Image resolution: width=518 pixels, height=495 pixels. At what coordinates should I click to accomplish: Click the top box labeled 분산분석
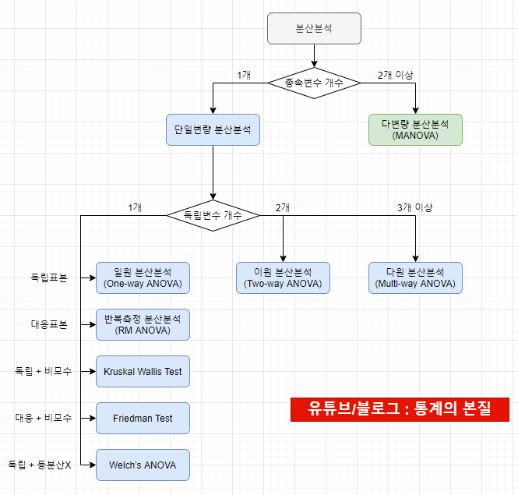click(314, 28)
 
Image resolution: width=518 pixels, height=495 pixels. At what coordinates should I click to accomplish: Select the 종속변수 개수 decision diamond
click(314, 82)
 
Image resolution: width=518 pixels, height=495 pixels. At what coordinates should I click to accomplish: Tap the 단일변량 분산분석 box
click(213, 129)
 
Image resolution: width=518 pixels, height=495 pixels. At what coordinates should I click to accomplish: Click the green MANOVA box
click(415, 129)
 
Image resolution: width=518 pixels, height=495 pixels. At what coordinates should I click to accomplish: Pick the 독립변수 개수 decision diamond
click(213, 214)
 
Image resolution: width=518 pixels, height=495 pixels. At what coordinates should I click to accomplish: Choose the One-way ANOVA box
click(143, 278)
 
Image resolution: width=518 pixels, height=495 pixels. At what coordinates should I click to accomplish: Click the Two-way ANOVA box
click(283, 278)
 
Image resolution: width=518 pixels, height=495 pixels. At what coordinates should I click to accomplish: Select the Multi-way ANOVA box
click(415, 278)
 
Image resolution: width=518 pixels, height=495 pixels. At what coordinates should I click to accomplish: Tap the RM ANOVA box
click(143, 324)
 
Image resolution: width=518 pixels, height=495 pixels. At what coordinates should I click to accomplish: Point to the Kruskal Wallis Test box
click(143, 371)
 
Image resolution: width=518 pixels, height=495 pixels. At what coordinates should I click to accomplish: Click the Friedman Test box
click(143, 418)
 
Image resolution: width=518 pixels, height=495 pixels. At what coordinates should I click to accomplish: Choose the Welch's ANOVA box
click(143, 465)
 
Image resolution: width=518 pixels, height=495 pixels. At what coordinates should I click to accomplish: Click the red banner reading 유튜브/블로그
click(400, 409)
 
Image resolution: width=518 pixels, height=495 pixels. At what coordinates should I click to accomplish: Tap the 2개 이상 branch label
click(395, 75)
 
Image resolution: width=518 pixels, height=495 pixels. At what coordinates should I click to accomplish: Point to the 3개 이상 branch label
click(414, 207)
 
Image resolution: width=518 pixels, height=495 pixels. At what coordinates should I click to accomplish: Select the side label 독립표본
click(48, 278)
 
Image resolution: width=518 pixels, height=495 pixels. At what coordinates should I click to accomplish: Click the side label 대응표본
click(48, 324)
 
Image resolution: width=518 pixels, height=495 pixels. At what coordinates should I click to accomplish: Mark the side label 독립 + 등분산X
click(40, 465)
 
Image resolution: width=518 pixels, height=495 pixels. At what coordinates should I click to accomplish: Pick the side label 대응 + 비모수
click(44, 418)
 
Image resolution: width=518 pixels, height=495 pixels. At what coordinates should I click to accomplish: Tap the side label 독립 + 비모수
click(44, 371)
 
